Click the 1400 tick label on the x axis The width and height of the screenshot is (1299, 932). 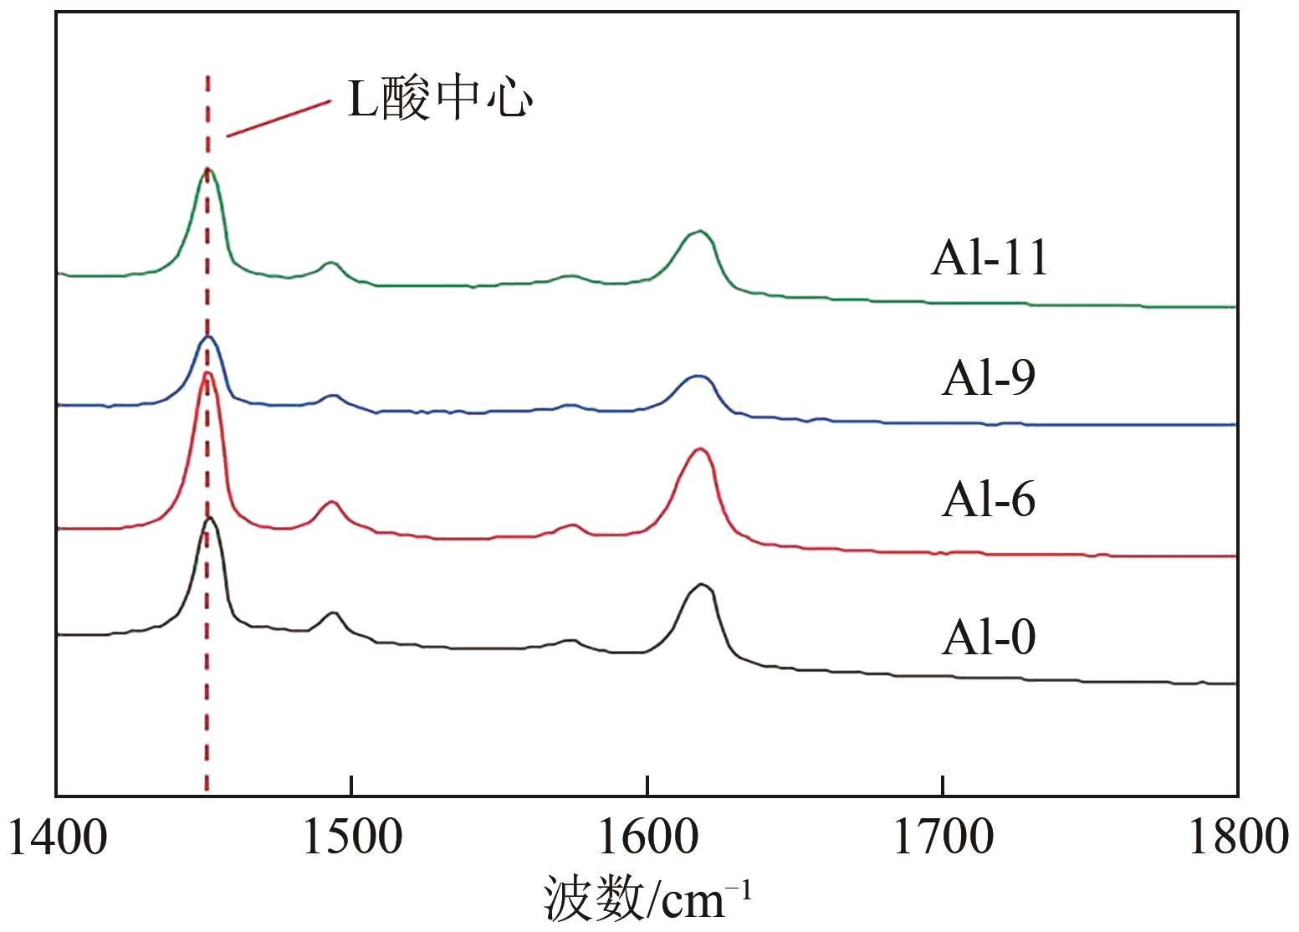(57, 837)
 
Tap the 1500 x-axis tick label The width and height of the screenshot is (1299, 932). (352, 837)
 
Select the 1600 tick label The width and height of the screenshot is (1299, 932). (647, 837)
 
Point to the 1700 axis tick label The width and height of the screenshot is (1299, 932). (943, 837)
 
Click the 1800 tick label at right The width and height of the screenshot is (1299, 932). (1237, 837)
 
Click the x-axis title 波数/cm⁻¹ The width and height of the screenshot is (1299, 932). (648, 899)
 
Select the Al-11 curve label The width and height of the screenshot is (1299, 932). (990, 258)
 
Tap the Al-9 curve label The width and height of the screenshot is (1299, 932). (989, 378)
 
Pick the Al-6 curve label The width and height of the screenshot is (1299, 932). (989, 499)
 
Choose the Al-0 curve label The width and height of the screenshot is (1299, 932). (989, 637)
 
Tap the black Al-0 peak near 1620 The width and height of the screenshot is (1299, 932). (701, 585)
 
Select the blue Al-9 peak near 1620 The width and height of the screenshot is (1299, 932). (698, 377)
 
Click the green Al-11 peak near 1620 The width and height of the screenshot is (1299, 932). (699, 232)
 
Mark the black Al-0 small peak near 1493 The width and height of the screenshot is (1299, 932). (333, 613)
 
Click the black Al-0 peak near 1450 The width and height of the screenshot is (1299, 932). (210, 519)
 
